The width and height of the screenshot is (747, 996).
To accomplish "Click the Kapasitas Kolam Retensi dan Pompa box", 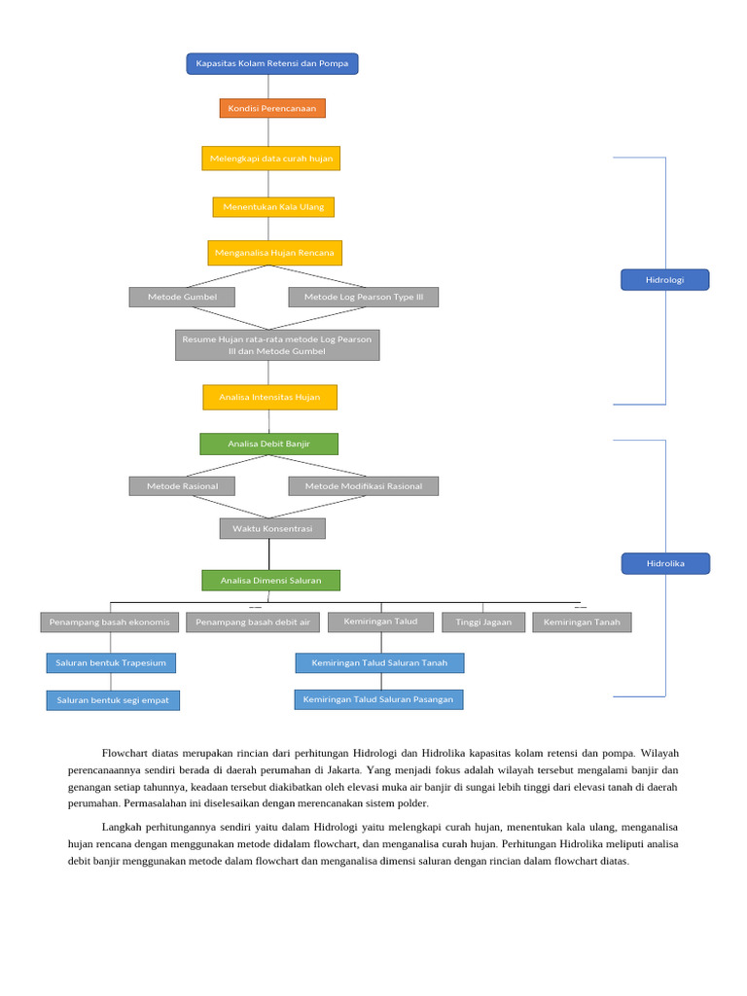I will tap(272, 64).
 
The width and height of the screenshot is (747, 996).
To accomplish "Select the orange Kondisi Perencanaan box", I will tap(272, 108).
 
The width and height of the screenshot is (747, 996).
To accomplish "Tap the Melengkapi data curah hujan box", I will tap(271, 159).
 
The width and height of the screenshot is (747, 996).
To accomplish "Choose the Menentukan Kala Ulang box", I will tap(273, 207).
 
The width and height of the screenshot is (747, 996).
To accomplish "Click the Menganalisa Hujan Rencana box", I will tap(274, 253).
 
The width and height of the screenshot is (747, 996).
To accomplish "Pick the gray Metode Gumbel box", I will tap(182, 297).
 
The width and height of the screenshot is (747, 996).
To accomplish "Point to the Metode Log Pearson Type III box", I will tap(364, 297).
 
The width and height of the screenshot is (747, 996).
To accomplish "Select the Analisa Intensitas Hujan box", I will tap(269, 397).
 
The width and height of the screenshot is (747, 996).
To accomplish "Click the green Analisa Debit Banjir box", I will tap(269, 444).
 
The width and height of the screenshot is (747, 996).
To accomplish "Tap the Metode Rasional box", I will tap(182, 485).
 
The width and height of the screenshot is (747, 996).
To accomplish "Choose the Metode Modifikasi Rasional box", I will tap(364, 485).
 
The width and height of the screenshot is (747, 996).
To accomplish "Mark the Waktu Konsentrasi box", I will tap(272, 528).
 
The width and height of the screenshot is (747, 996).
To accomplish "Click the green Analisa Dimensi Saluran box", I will tap(270, 581).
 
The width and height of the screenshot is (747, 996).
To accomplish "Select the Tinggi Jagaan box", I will tap(483, 622).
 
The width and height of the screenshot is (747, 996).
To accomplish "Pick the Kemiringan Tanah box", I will tap(582, 622).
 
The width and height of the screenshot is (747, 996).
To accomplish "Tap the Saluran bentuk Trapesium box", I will tap(111, 662).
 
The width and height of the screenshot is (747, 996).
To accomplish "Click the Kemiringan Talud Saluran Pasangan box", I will tap(378, 699).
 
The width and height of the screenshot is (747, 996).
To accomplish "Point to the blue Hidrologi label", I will tap(664, 280).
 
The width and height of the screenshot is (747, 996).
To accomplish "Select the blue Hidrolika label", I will tap(665, 563).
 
